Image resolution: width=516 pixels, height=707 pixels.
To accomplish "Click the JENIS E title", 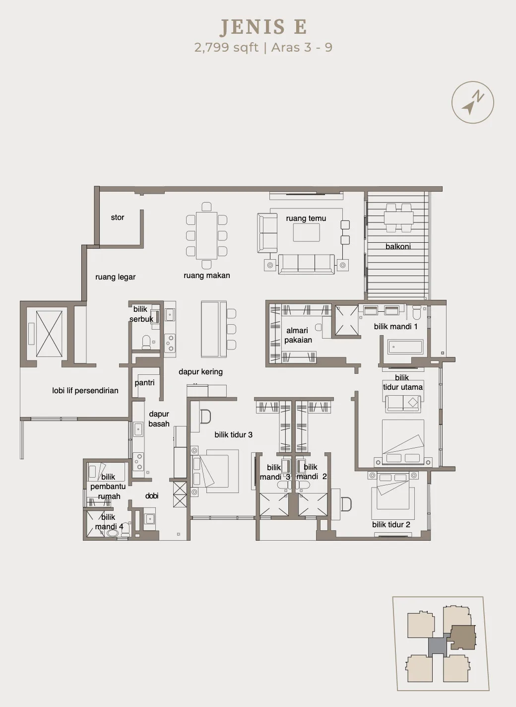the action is tap(263, 27).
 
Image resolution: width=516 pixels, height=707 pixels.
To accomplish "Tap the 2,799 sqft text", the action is tap(226, 48).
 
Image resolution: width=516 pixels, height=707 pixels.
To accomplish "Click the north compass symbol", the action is tap(472, 102).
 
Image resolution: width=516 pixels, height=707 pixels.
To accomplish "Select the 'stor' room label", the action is tap(117, 217).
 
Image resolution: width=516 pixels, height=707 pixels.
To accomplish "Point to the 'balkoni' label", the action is tap(398, 246).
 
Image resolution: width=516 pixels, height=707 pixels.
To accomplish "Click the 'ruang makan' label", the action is tap(206, 275).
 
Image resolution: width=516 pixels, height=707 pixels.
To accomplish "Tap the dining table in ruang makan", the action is tap(206, 235).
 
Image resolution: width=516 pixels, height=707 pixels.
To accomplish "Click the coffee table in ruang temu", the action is tap(306, 232).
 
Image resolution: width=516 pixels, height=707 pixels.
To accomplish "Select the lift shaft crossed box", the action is tap(49, 334).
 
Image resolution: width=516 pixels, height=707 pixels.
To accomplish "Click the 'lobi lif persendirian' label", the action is tap(85, 390).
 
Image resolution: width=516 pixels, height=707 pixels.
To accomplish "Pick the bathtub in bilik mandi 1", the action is tap(405, 347).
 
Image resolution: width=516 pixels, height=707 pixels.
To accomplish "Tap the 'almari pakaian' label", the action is tap(298, 335).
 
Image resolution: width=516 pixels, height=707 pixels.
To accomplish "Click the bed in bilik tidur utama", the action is tap(403, 442).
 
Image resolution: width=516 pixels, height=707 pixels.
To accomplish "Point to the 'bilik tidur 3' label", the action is tap(233, 434).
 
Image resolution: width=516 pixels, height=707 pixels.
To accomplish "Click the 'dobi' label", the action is tap(152, 496).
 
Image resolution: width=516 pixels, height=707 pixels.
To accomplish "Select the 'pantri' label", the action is tap(144, 382).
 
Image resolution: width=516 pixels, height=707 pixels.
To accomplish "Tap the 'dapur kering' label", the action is tap(200, 371).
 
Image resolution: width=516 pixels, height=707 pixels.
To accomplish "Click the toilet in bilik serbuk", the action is tap(146, 342).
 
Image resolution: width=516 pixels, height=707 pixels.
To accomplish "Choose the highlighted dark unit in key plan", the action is tap(462, 637).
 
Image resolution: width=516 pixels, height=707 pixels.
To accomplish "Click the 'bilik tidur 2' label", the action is tap(391, 525).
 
